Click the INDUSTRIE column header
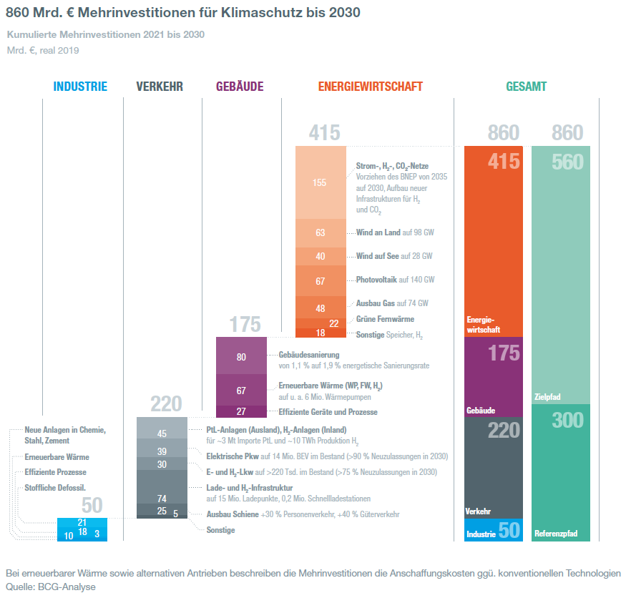[80, 87]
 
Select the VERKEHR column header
[160, 87]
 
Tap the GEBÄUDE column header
[240, 87]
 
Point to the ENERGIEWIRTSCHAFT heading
[370, 87]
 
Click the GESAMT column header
[526, 87]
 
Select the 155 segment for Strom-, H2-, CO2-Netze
[320, 182]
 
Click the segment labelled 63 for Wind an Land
[320, 232]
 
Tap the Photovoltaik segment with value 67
[320, 280]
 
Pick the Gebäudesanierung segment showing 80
[241, 357]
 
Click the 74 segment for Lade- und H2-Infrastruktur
[162, 498]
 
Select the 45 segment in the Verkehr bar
[162, 433]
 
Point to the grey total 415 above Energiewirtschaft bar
[324, 133]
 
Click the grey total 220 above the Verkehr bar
[166, 404]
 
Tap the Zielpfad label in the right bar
[548, 396]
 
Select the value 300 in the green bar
[567, 420]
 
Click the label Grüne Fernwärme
[385, 319]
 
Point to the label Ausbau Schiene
[233, 514]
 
